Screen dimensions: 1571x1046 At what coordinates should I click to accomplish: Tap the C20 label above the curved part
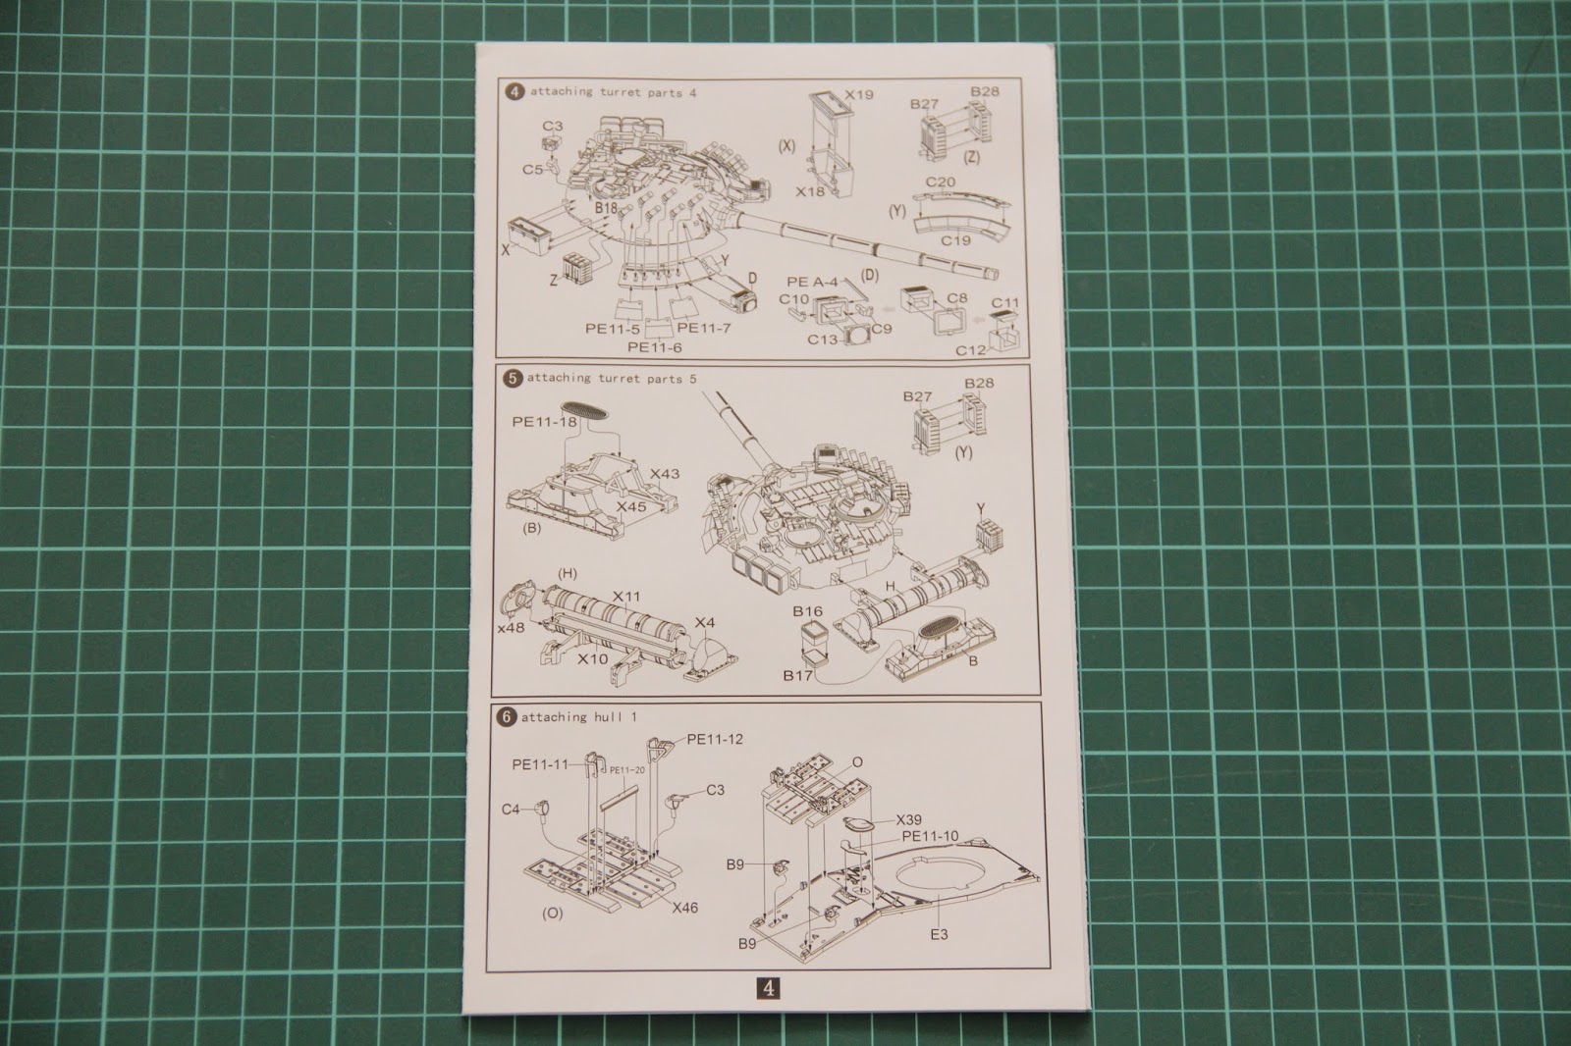coord(940,183)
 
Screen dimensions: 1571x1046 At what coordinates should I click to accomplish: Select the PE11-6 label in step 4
coord(654,347)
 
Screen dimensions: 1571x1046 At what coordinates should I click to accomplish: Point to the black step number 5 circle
coord(513,379)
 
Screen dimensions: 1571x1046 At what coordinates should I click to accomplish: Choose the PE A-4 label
coord(812,282)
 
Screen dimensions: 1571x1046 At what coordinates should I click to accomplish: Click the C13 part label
coord(822,340)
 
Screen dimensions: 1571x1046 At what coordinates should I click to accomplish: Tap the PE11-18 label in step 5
coord(544,422)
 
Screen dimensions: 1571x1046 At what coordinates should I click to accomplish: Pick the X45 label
coord(631,506)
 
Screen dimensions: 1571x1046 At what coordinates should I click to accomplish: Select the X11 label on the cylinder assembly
coord(626,597)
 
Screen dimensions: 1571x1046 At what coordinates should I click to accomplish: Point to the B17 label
coord(797,676)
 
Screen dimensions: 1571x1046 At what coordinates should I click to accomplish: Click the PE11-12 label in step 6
coord(715,739)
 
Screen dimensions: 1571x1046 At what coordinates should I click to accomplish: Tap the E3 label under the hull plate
coord(939,934)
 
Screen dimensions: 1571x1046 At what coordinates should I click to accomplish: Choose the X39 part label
coord(909,819)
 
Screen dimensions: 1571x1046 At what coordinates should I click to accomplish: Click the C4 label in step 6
coord(511,810)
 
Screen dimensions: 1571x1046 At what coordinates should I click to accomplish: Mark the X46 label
coord(684,908)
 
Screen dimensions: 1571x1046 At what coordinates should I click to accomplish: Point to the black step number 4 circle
coord(515,92)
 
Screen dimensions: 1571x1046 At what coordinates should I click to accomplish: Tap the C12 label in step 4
coord(971,350)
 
